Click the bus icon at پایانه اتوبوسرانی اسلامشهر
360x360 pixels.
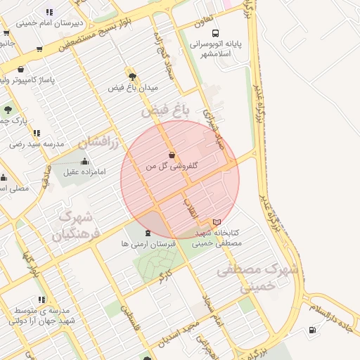[x=214, y=32]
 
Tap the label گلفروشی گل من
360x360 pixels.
[x=172, y=167]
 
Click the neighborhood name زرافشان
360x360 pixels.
[x=95, y=141]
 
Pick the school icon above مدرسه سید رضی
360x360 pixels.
[x=37, y=133]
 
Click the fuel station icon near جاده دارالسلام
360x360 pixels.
[x=312, y=330]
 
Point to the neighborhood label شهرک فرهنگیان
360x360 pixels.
[x=77, y=225]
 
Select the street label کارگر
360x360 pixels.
[x=165, y=275]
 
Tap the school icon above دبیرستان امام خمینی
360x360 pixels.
[x=49, y=13]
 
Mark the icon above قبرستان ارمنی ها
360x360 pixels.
[x=147, y=233]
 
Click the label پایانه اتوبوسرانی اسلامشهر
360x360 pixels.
[x=216, y=49]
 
